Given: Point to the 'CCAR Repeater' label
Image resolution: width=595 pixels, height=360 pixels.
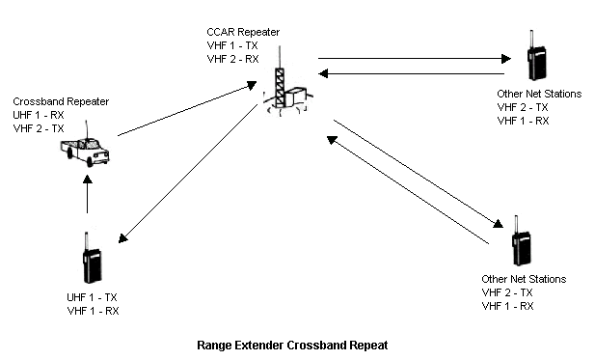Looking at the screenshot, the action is click(243, 32).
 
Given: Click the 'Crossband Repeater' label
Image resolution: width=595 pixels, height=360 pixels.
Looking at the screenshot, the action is click(61, 101).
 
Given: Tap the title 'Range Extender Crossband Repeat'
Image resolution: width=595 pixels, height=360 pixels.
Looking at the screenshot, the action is click(292, 346).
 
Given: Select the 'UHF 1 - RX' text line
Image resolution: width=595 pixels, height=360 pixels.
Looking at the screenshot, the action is click(39, 115).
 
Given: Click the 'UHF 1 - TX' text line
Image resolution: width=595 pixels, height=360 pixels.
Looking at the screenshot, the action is click(92, 297).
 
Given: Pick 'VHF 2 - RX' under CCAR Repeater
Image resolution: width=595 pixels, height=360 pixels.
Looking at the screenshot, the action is click(233, 59).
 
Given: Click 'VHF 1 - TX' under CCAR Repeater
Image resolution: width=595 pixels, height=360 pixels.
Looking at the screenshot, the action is click(232, 45).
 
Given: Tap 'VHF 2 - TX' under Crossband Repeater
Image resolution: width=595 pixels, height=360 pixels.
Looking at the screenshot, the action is click(39, 128).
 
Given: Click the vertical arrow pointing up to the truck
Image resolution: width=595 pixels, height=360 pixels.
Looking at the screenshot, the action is click(88, 194).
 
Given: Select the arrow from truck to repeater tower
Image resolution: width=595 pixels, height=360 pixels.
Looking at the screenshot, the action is click(187, 108).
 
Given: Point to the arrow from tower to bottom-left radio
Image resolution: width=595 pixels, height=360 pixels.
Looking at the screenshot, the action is click(188, 174).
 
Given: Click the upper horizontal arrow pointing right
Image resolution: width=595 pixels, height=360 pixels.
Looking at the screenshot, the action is click(415, 59).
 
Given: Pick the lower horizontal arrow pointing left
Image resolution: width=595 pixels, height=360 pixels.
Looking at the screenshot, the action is click(411, 73).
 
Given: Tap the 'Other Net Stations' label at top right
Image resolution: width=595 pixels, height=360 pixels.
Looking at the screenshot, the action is click(539, 94).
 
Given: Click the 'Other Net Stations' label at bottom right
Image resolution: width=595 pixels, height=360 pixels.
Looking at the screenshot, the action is click(524, 279).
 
